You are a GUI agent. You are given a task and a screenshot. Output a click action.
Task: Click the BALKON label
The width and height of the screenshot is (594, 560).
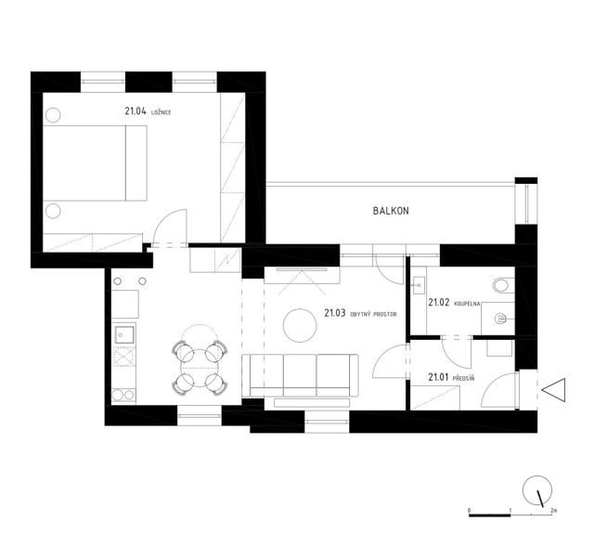tap(391, 211)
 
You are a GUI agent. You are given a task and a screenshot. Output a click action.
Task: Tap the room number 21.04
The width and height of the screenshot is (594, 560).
tap(136, 111)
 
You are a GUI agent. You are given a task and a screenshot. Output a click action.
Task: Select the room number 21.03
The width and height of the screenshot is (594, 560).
tap(335, 313)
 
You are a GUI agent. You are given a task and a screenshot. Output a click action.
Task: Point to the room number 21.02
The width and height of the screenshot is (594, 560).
tap(439, 303)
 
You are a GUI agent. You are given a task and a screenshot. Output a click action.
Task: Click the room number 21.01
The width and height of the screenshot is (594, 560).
tap(438, 378)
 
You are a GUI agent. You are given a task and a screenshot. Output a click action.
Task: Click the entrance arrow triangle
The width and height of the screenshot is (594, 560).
tap(553, 390)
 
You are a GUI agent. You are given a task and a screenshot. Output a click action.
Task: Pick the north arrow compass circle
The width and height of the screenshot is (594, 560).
tap(536, 489)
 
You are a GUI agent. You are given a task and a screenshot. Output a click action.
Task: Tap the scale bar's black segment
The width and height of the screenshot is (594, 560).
tap(489, 515)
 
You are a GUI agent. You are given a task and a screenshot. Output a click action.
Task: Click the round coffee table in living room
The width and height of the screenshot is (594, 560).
tap(300, 325)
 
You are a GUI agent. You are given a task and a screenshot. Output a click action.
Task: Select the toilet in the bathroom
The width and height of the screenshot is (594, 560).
tap(503, 285)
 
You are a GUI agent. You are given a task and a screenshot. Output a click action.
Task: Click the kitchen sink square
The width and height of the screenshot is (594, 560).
tap(124, 334)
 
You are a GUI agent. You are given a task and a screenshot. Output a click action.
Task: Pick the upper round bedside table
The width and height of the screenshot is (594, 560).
tap(53, 115)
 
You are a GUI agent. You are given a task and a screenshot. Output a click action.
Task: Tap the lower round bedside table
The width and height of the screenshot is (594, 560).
tap(53, 211)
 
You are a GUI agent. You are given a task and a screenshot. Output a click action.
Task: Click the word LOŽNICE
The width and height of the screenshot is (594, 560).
tap(161, 112)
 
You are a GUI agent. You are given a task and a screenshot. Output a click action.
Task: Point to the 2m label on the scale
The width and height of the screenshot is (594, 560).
tap(554, 511)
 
